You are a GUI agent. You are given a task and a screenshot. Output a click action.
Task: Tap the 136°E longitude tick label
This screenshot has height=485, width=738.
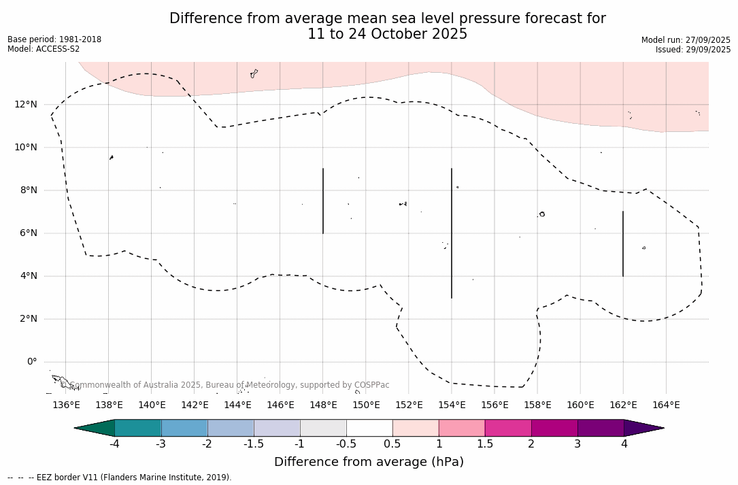(66, 405)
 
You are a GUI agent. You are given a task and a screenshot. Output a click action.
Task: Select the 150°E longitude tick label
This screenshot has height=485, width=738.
(366, 405)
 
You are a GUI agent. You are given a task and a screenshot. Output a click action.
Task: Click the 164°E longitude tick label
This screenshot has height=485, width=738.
(666, 405)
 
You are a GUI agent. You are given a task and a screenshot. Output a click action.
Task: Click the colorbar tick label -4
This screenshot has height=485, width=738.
(115, 444)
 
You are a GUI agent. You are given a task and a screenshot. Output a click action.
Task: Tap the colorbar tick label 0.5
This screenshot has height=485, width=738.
(392, 444)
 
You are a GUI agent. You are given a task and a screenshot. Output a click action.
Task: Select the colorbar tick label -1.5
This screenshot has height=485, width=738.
(254, 444)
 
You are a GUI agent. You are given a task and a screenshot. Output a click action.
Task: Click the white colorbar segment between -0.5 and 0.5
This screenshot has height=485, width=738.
(369, 428)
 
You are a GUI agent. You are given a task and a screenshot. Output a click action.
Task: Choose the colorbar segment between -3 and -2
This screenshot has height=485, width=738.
(184, 428)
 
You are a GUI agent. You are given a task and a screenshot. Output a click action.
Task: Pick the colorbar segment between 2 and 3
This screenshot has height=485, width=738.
(554, 428)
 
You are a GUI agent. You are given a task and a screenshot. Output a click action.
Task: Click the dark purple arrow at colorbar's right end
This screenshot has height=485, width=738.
(643, 428)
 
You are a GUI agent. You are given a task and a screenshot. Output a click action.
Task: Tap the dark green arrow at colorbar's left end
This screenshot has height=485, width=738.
(95, 428)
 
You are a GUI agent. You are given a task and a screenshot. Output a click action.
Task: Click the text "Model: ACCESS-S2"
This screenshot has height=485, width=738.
(44, 49)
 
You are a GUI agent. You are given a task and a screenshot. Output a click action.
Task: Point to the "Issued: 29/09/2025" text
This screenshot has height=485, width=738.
(692, 50)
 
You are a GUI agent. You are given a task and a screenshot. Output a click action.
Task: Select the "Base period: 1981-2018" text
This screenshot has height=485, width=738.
(54, 39)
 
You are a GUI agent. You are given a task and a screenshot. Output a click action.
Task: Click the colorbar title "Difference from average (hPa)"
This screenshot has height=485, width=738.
(369, 462)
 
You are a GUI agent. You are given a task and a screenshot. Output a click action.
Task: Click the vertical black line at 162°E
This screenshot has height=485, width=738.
(623, 244)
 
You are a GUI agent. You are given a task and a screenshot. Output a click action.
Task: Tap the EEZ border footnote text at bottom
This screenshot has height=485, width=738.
(120, 478)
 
